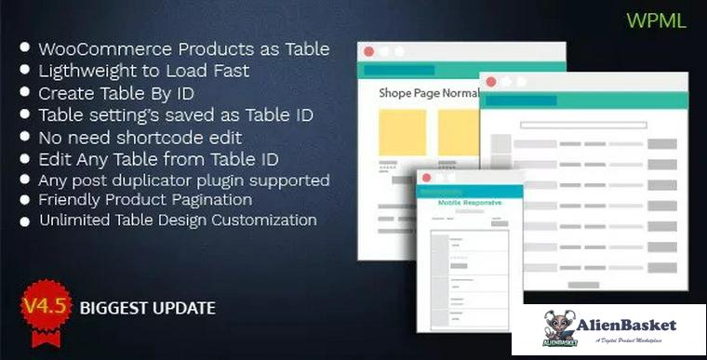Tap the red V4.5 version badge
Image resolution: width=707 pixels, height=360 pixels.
(x=45, y=307)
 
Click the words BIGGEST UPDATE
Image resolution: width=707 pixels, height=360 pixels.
(x=147, y=307)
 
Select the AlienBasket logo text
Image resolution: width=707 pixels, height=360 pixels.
(x=630, y=325)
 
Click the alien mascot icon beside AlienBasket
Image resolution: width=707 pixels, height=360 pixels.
(x=561, y=327)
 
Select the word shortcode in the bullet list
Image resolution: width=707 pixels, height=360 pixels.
(x=161, y=137)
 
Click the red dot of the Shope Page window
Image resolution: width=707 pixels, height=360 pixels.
(x=368, y=51)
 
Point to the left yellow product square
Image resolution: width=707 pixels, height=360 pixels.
(x=402, y=132)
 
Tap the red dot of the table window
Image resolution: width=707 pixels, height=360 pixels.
(x=490, y=81)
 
